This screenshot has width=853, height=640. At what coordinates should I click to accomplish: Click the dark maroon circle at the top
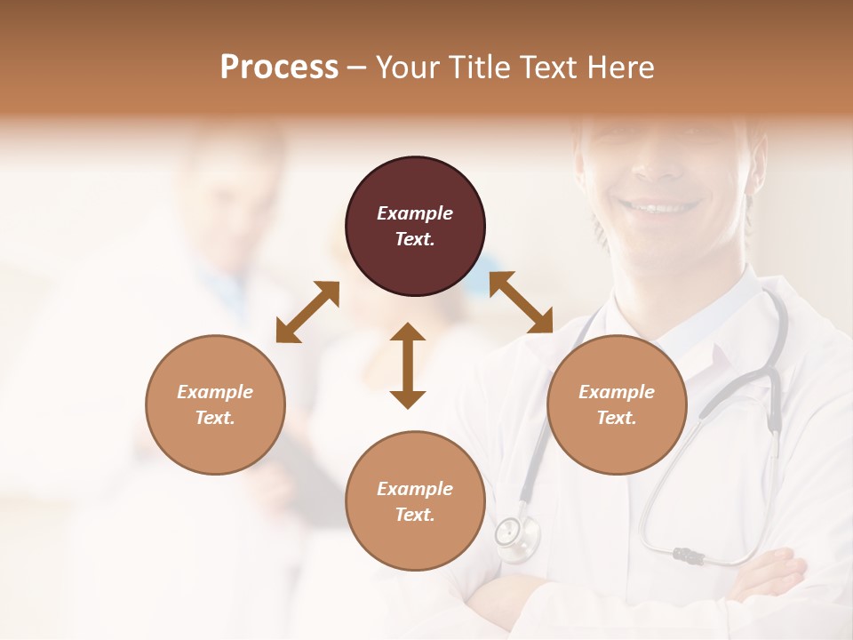tap(415, 227)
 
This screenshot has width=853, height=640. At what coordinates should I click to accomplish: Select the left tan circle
tap(215, 404)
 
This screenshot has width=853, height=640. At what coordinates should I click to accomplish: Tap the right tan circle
tap(616, 404)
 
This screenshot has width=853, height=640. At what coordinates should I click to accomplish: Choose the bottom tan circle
tap(415, 500)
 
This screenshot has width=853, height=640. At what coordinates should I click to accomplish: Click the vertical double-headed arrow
tap(408, 365)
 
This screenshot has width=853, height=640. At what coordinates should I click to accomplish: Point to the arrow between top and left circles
tap(307, 311)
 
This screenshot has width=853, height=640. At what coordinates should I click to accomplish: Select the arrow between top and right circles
tap(522, 302)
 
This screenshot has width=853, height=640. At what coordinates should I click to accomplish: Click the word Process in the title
tap(279, 67)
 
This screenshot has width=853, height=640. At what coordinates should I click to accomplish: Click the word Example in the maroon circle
tap(415, 213)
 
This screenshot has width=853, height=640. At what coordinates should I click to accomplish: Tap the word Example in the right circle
tap(616, 392)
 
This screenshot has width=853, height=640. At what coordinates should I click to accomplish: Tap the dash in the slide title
tap(356, 68)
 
